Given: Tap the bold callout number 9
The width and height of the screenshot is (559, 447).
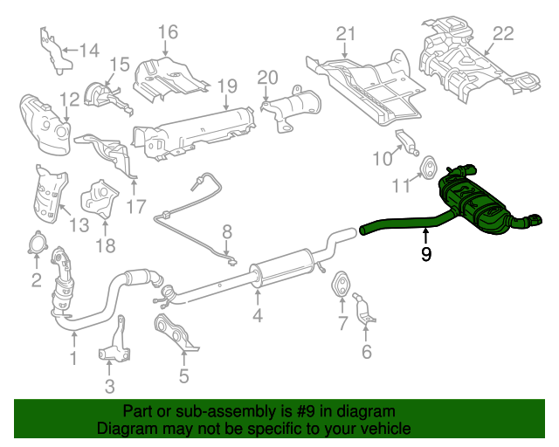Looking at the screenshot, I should (425, 255).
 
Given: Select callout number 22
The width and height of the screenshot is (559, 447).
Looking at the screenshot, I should (503, 34).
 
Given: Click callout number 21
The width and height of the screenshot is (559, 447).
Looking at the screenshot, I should (347, 34).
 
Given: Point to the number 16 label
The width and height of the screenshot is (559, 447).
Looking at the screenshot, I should (168, 32).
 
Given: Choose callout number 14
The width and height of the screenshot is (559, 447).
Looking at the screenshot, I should (89, 50).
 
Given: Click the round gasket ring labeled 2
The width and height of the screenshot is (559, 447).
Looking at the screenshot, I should (37, 244).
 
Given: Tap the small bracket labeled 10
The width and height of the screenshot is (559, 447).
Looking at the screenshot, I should (406, 141).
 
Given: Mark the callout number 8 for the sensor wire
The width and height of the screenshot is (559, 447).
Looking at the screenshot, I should (227, 232).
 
